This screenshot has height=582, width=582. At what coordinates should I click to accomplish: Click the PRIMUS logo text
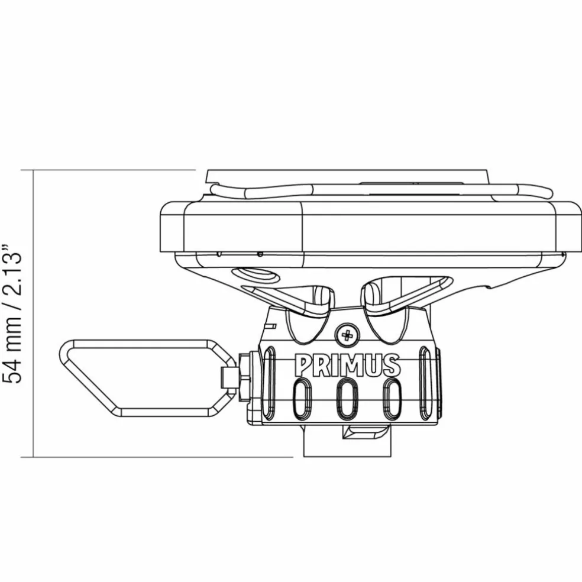click(x=348, y=364)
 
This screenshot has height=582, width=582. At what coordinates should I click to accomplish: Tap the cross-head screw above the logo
click(x=347, y=335)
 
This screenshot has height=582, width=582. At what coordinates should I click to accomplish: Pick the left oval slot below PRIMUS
click(x=301, y=399)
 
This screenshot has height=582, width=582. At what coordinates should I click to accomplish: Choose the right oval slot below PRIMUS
click(x=392, y=399)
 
